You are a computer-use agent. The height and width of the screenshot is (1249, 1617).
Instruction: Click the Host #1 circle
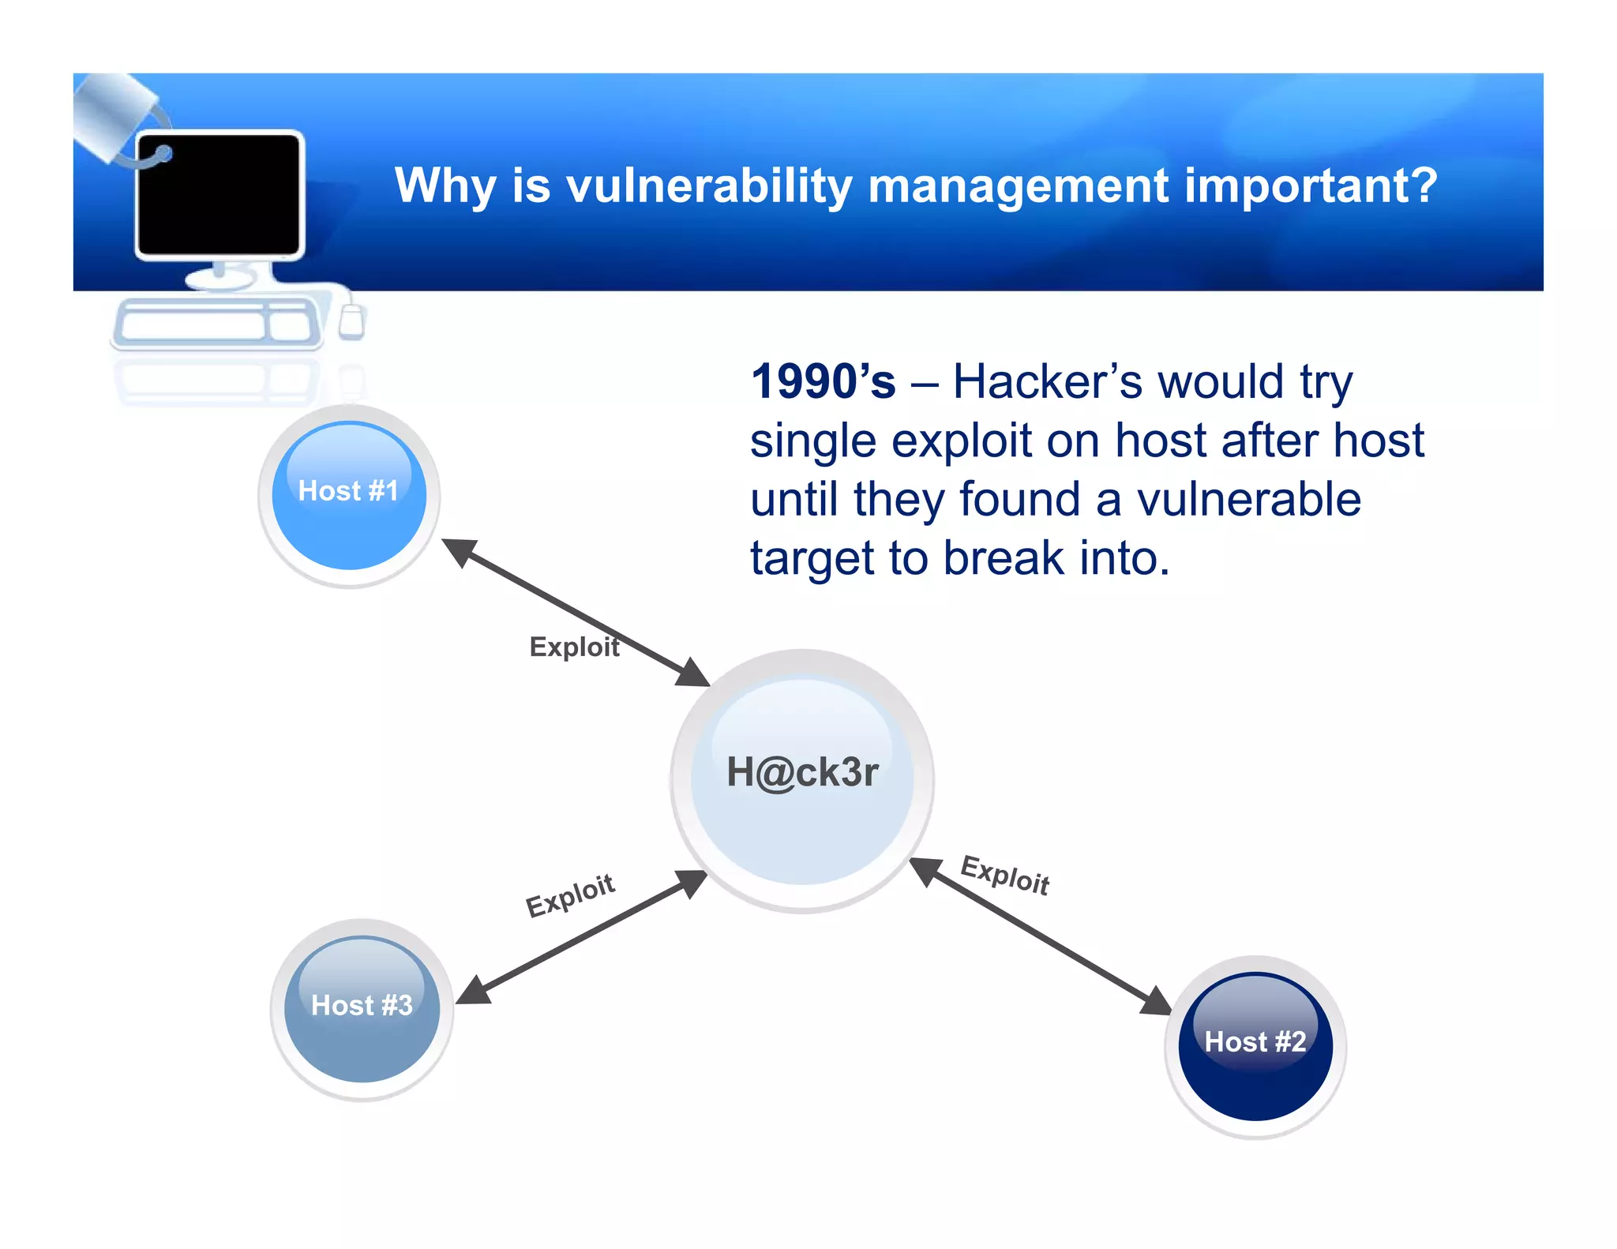coord(349,496)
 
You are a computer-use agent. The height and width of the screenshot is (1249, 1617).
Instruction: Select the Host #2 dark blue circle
coord(1255,1047)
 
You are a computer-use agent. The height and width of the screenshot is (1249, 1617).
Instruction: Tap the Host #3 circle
coord(362,1009)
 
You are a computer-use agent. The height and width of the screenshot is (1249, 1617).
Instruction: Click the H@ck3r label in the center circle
coord(802,772)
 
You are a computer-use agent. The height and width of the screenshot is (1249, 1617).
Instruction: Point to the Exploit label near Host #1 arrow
coord(574,647)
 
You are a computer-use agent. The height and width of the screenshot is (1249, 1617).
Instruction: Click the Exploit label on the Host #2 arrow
coord(1004,875)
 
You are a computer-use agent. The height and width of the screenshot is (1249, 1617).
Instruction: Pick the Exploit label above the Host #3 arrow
coord(570,895)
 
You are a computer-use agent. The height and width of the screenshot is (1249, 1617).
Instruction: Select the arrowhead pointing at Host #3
coord(474,991)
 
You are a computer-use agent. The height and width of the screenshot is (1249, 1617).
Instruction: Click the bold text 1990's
coord(823,382)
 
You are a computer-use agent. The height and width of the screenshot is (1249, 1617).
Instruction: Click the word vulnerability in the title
coord(709,186)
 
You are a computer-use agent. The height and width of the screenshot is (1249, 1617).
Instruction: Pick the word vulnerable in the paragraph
coord(1248,500)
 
